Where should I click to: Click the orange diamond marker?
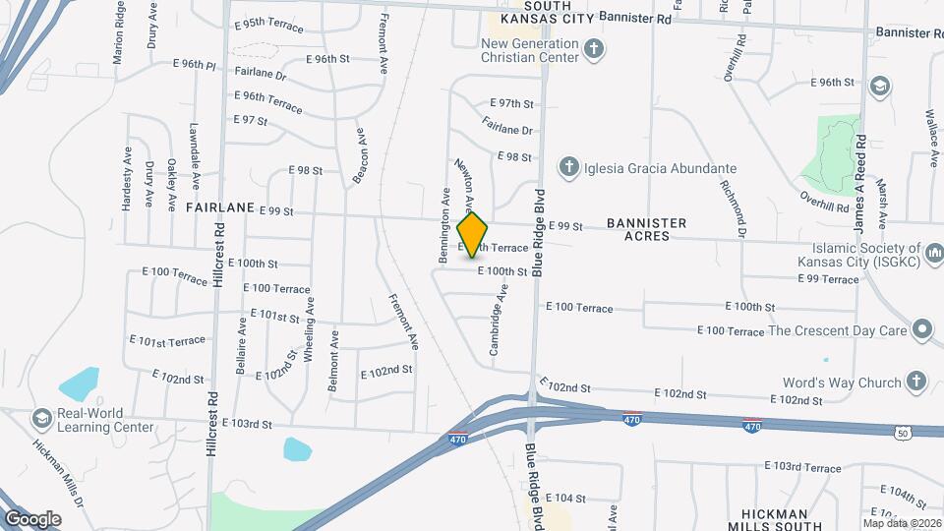pyautogui.click(x=473, y=235)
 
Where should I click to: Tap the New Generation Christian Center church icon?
pyautogui.click(x=593, y=48)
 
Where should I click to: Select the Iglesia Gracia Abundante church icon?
pyautogui.click(x=568, y=168)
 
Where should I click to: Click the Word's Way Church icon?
pyautogui.click(x=915, y=382)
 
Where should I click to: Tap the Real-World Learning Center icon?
pyautogui.click(x=42, y=419)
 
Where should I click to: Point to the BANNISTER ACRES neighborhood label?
pyautogui.click(x=651, y=230)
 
